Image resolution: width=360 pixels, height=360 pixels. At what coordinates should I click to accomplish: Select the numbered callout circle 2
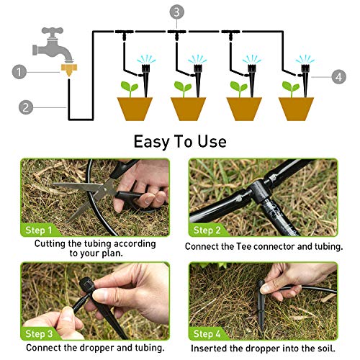click(26, 107)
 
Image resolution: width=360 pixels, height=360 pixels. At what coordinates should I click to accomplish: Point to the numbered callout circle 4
click(339, 76)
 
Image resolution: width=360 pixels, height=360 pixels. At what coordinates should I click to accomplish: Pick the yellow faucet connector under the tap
click(68, 71)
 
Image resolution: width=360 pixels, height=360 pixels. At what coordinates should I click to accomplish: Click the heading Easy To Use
click(179, 141)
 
